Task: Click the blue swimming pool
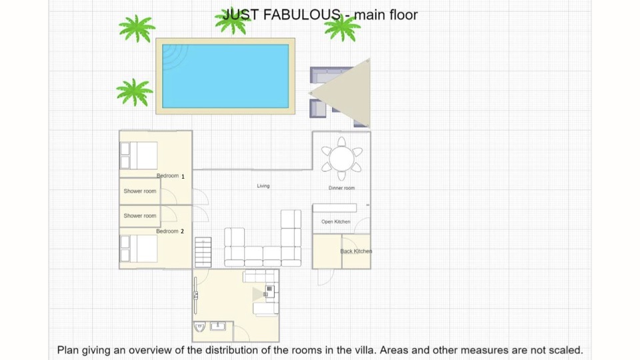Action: tap(225, 76)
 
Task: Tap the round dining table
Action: tap(341, 159)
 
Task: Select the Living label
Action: tap(263, 186)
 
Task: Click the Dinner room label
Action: tap(341, 188)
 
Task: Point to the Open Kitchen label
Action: tap(335, 221)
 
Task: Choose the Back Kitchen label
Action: tap(356, 251)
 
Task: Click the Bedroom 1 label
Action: tap(171, 176)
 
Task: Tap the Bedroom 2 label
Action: tap(170, 231)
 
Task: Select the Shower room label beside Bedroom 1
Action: tap(140, 191)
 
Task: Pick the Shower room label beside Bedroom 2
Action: tap(140, 215)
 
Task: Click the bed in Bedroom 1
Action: tap(139, 155)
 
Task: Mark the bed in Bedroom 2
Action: tap(139, 249)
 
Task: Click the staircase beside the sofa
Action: tap(203, 252)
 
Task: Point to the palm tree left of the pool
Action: tap(134, 92)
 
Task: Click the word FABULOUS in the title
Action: tap(301, 15)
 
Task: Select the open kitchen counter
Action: tap(335, 208)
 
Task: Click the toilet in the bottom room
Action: tap(199, 327)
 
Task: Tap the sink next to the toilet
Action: tap(217, 326)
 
